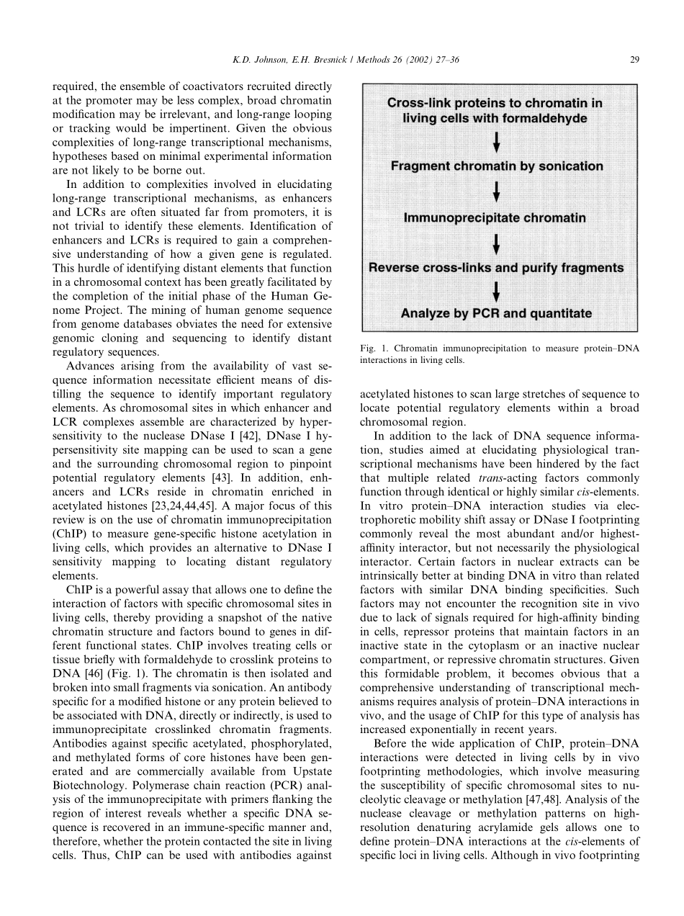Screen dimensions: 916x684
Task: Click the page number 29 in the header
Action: (x=634, y=60)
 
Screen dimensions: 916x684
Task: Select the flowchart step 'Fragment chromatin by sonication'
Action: (x=497, y=166)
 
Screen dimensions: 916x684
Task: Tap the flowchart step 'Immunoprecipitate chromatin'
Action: (x=495, y=217)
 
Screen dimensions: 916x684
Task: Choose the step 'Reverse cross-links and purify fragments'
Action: (x=496, y=268)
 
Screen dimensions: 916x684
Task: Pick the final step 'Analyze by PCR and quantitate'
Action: (x=496, y=313)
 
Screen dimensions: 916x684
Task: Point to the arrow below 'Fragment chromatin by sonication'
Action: (x=496, y=192)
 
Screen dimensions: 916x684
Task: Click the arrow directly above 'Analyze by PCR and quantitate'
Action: (x=496, y=292)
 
